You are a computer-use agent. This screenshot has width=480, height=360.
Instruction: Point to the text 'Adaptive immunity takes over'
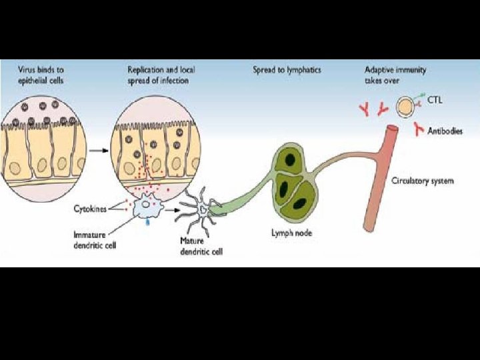[x=395, y=74]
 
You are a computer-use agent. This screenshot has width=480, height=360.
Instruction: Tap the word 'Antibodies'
[x=445, y=131]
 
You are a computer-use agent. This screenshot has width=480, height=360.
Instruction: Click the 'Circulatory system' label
[x=422, y=181]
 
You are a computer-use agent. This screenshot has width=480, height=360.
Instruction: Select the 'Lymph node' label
[x=291, y=233]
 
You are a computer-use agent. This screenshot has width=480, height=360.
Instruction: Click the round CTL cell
[x=405, y=105]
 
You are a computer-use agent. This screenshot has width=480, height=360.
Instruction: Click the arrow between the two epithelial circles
[x=99, y=151]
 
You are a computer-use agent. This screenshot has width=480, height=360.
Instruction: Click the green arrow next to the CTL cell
[x=423, y=99]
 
